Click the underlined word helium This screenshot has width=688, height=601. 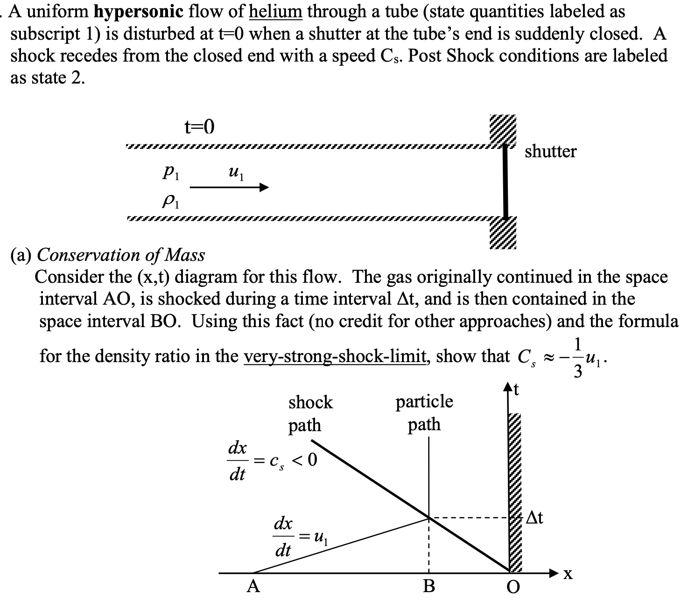tap(275, 12)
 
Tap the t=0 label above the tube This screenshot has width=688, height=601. tap(199, 127)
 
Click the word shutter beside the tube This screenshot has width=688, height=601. tap(551, 151)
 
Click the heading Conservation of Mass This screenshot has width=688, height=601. tap(120, 255)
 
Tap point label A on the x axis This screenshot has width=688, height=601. tap(253, 586)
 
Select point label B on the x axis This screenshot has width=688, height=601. tap(428, 586)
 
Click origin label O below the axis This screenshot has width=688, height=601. tap(511, 587)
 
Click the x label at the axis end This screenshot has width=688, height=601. tap(567, 575)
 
